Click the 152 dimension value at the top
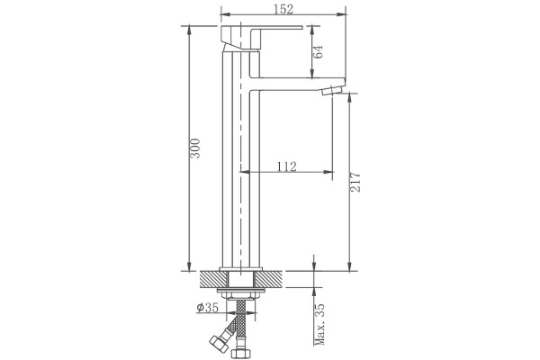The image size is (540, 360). (283, 9)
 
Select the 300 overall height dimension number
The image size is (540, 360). (195, 148)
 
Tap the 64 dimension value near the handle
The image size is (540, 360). (319, 51)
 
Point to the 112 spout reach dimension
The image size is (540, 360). (286, 166)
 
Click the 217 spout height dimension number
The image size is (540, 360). (355, 182)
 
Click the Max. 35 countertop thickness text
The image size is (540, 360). (319, 324)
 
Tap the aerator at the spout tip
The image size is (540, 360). (331, 90)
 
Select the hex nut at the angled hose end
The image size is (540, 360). (219, 342)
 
